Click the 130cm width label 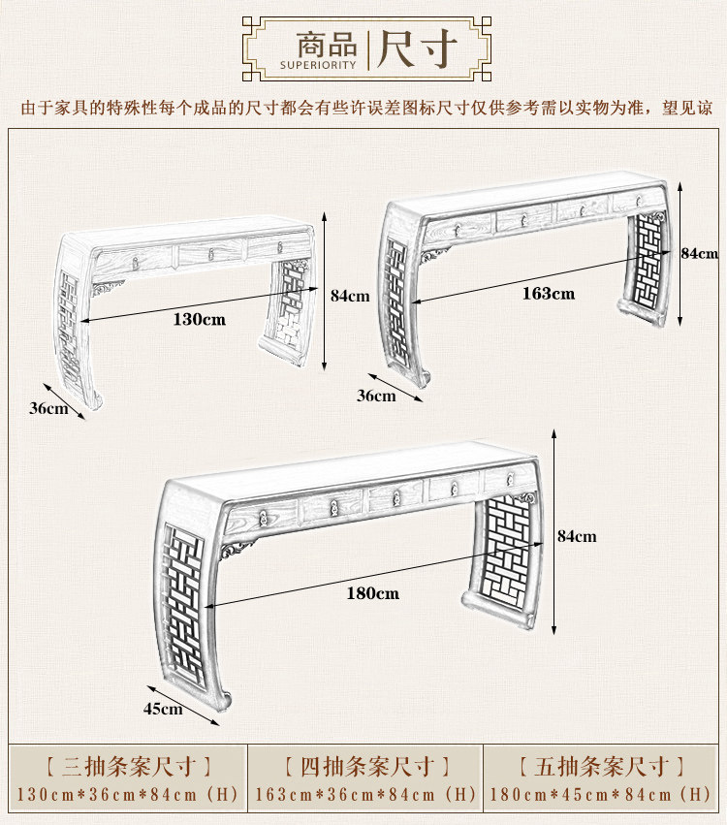coord(200,319)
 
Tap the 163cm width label coord(550,293)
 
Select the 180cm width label coord(373,592)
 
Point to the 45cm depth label coord(163,709)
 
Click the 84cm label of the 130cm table coord(350,296)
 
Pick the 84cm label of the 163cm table coord(698,253)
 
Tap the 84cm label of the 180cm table coord(577,536)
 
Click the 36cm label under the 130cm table coord(48,408)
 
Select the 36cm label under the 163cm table coord(376,396)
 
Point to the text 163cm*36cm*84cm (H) coord(365,795)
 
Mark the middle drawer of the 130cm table coord(211,254)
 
